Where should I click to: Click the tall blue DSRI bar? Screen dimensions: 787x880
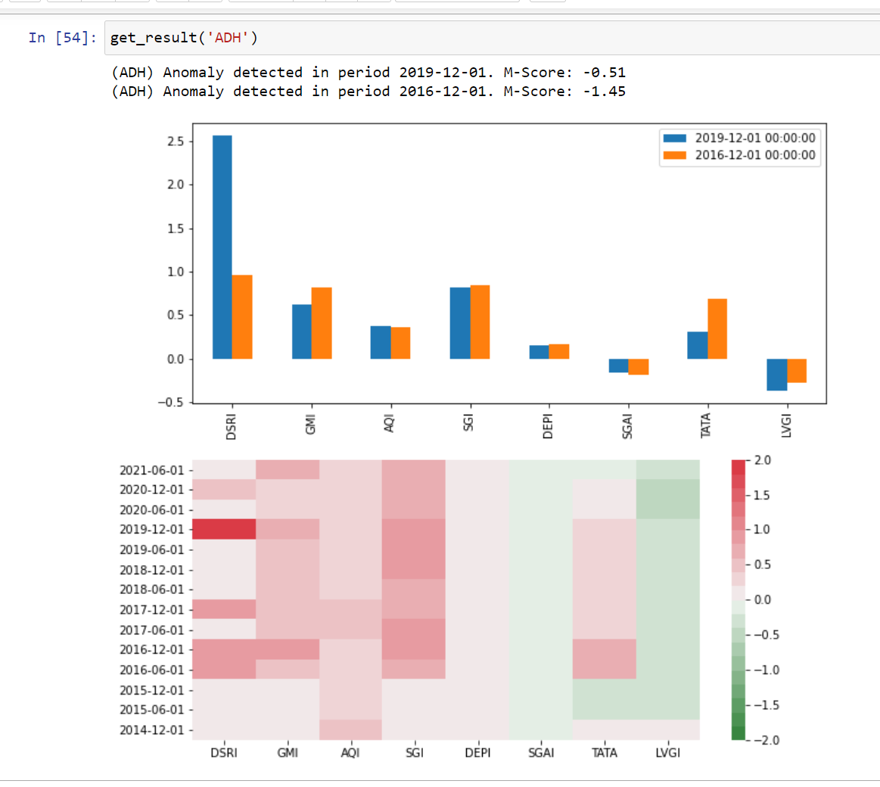click(222, 247)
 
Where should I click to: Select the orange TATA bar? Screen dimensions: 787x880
click(717, 328)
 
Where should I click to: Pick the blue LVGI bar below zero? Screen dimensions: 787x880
click(776, 375)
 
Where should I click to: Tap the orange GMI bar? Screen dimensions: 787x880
click(322, 323)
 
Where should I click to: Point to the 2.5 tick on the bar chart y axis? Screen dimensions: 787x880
click(176, 142)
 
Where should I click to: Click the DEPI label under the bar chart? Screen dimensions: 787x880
click(548, 426)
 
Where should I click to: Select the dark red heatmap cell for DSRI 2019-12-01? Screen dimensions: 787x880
click(224, 529)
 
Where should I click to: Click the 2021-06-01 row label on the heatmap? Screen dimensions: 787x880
click(151, 470)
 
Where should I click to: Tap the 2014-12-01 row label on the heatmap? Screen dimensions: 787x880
click(151, 730)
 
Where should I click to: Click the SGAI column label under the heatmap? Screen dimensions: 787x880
click(541, 752)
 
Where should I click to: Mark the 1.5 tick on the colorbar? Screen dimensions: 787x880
click(760, 495)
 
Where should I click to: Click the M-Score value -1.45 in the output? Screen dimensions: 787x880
click(604, 92)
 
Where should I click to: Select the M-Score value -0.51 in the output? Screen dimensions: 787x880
click(604, 73)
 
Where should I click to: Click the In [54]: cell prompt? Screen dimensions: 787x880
click(63, 38)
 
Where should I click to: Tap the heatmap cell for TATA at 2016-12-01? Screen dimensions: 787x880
click(605, 649)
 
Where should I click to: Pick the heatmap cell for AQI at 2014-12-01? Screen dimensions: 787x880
click(350, 729)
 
